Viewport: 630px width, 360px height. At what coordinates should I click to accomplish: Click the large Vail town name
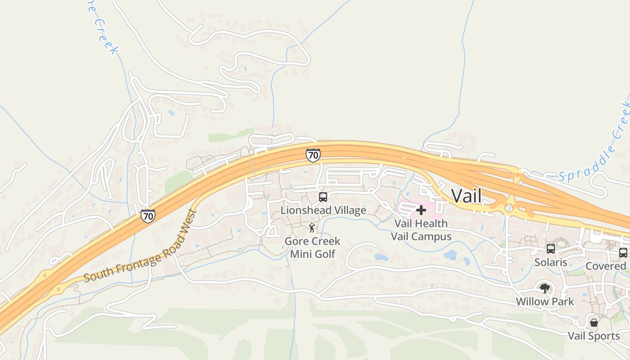(x=466, y=196)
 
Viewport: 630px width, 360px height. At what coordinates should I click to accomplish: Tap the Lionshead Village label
(x=323, y=210)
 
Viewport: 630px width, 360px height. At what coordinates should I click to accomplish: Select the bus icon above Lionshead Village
(x=323, y=197)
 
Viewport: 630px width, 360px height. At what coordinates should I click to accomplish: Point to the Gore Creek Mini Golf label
(x=312, y=247)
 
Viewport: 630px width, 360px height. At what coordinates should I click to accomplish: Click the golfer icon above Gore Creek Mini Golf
(x=312, y=228)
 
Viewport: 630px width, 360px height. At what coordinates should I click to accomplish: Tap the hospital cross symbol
(x=421, y=210)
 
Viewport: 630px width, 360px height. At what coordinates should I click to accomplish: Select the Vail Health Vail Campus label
(x=421, y=230)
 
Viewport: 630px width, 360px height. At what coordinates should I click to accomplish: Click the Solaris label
(x=550, y=262)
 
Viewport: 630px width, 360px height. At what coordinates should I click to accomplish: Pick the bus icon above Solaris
(x=551, y=249)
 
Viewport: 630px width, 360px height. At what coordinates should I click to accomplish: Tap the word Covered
(x=606, y=266)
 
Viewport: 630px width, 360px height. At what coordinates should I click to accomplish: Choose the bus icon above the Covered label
(x=623, y=253)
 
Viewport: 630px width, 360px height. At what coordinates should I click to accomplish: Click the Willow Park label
(x=545, y=301)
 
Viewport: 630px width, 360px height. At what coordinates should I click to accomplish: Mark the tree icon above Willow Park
(x=545, y=288)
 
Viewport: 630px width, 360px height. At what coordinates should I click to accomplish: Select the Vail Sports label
(x=594, y=336)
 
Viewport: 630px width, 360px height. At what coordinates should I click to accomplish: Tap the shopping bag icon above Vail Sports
(x=594, y=323)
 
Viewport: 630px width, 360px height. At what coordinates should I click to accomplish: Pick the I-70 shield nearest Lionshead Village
(x=313, y=155)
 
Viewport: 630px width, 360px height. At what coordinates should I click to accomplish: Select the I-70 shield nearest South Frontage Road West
(x=148, y=216)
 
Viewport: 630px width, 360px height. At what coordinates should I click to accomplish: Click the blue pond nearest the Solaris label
(x=450, y=255)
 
